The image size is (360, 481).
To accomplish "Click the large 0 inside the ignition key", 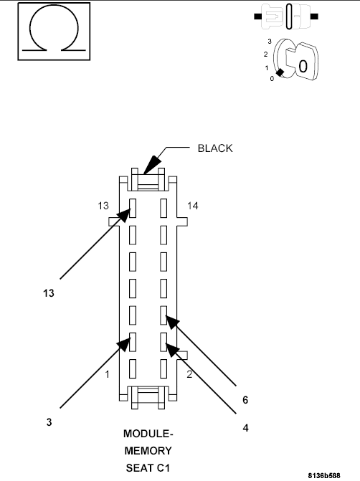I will pos(303,66).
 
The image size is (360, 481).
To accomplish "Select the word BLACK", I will pos(216,148).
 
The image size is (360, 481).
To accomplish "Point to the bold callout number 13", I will pos(48,293).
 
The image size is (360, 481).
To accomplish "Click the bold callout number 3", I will pos(49,423).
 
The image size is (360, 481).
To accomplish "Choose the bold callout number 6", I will pos(245,399).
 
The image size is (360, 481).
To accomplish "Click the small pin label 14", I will pos(192,206).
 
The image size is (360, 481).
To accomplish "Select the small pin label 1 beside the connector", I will pos(105,374).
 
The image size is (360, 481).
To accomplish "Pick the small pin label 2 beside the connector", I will pos(189,374).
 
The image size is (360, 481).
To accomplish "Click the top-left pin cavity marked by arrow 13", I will pos(133,209).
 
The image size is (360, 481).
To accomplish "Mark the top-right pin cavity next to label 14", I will pos(164,209).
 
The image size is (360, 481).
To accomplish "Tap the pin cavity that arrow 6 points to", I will pos(164,314).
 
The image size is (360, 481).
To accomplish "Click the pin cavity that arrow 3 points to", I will pos(133,340).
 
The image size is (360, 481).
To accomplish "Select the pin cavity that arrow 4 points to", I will pos(164,340).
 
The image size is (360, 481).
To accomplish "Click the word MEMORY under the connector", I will pos(148,451).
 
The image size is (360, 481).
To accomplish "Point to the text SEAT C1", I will pos(148,467).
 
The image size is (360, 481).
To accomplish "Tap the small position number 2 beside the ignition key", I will pos(266,54).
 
